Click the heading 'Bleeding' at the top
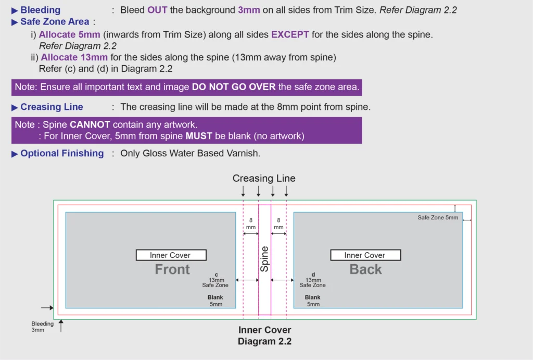(41, 10)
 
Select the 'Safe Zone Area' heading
(55, 22)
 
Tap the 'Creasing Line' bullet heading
(52, 107)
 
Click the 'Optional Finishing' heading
(62, 154)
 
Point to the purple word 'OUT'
(157, 10)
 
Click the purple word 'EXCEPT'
(290, 35)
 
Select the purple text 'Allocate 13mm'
(74, 57)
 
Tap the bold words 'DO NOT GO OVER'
(234, 87)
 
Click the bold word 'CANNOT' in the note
(90, 125)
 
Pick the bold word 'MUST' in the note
(199, 136)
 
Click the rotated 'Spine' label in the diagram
(264, 259)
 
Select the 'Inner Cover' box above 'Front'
(171, 255)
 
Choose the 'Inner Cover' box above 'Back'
(365, 255)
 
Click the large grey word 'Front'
(172, 269)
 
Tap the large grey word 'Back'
(366, 269)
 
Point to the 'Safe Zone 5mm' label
(438, 217)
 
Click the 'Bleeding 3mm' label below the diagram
(43, 327)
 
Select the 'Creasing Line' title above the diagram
(264, 178)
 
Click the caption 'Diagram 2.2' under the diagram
(264, 341)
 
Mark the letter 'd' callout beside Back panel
(313, 275)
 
